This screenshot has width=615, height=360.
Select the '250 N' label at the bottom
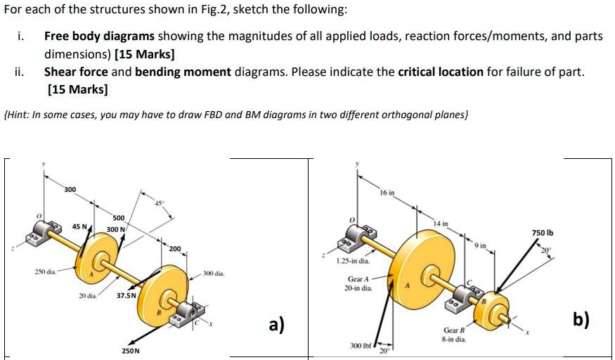[x=131, y=350]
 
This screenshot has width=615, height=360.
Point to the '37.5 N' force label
[x=127, y=295]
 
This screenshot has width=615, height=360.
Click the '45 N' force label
[x=80, y=226]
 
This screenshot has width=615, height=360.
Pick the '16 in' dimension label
[x=387, y=192]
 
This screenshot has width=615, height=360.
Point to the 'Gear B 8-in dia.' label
[x=453, y=334]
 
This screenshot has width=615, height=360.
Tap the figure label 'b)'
[x=581, y=319]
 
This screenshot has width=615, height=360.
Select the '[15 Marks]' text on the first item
[x=145, y=53]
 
